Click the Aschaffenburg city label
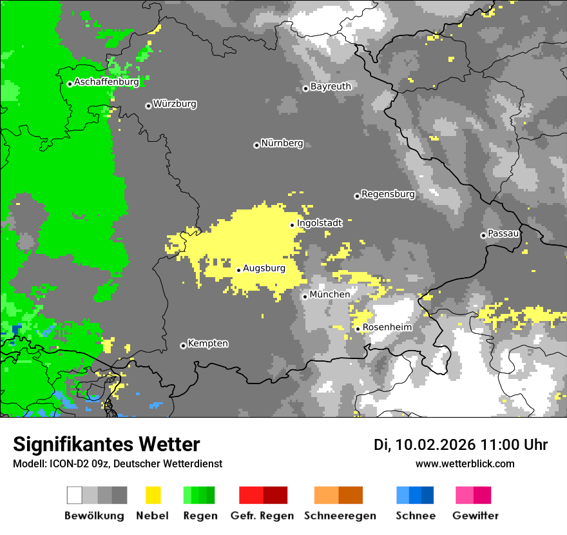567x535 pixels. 106,83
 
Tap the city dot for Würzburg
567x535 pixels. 148,106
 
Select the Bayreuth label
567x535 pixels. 331,86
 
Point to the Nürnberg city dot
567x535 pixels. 256,145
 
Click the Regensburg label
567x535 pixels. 388,194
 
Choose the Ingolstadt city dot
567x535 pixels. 292,225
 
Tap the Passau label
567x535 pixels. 504,233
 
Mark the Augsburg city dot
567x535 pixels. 238,270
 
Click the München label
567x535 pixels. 330,295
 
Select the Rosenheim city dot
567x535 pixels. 358,329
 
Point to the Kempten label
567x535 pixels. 207,344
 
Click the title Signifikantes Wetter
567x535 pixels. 106,444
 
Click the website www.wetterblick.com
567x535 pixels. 465,463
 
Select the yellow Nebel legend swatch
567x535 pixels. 153,495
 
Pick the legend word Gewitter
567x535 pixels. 476,516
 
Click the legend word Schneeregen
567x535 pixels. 340,516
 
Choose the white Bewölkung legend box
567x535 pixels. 75,495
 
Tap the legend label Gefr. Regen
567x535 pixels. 262,516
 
